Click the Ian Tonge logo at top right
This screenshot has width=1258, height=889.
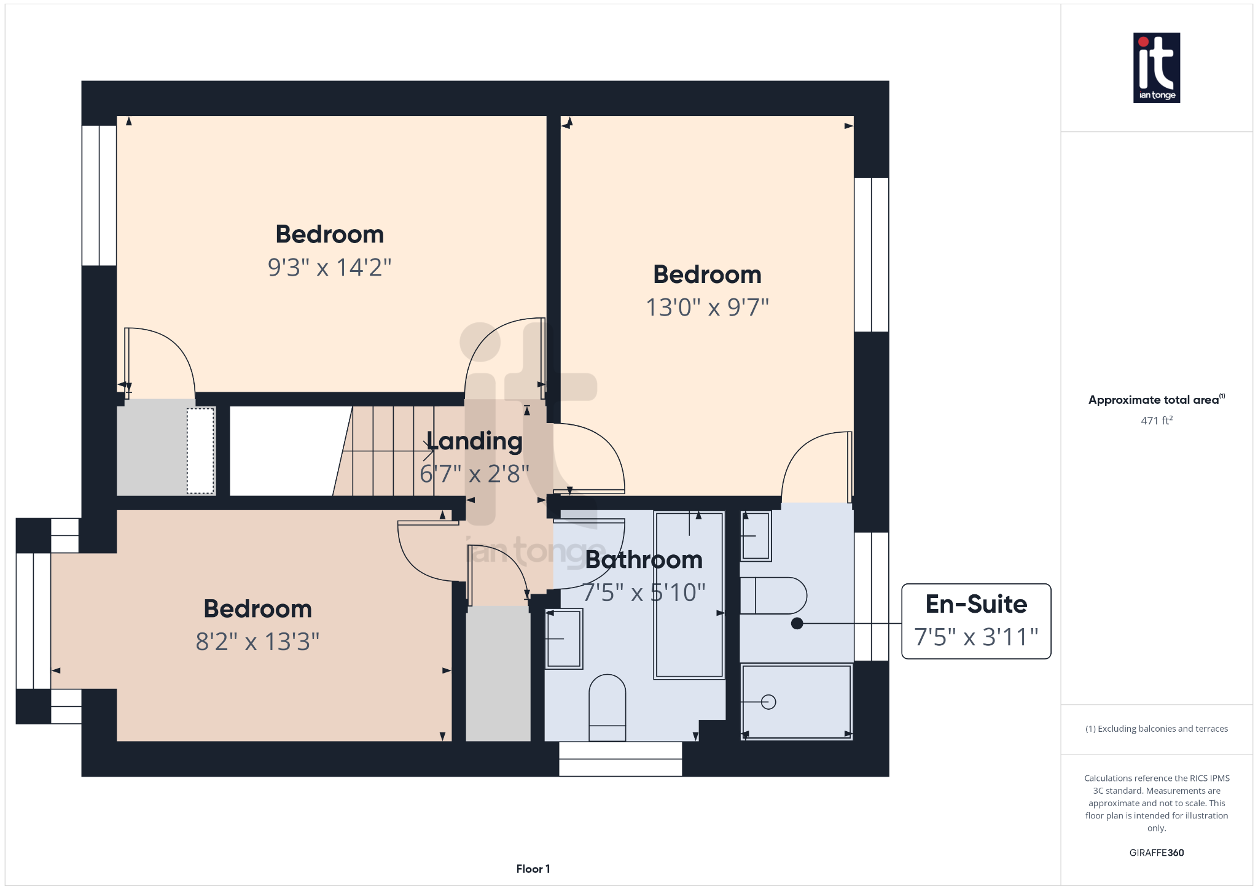pos(1156,68)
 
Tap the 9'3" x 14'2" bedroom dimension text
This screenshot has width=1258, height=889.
pos(329,268)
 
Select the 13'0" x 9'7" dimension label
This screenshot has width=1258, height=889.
pos(707,308)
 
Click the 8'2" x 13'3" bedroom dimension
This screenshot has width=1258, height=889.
pos(257,642)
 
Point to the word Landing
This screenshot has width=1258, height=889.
pos(474,441)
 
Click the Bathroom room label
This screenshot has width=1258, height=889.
pos(644,560)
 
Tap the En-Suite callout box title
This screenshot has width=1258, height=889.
pos(976,604)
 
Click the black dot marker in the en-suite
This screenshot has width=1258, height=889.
pos(797,624)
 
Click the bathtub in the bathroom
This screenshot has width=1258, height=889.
pos(689,594)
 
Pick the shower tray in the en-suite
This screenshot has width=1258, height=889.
pos(796,702)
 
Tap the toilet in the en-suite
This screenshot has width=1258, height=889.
pos(774,596)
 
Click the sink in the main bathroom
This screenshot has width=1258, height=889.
pos(564,639)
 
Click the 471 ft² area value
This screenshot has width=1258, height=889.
pos(1156,421)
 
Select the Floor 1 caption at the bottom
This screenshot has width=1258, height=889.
pos(533,869)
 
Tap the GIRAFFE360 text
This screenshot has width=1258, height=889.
pos(1156,853)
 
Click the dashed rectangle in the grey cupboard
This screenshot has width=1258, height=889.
pos(200,451)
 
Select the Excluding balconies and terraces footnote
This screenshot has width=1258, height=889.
pos(1156,729)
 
